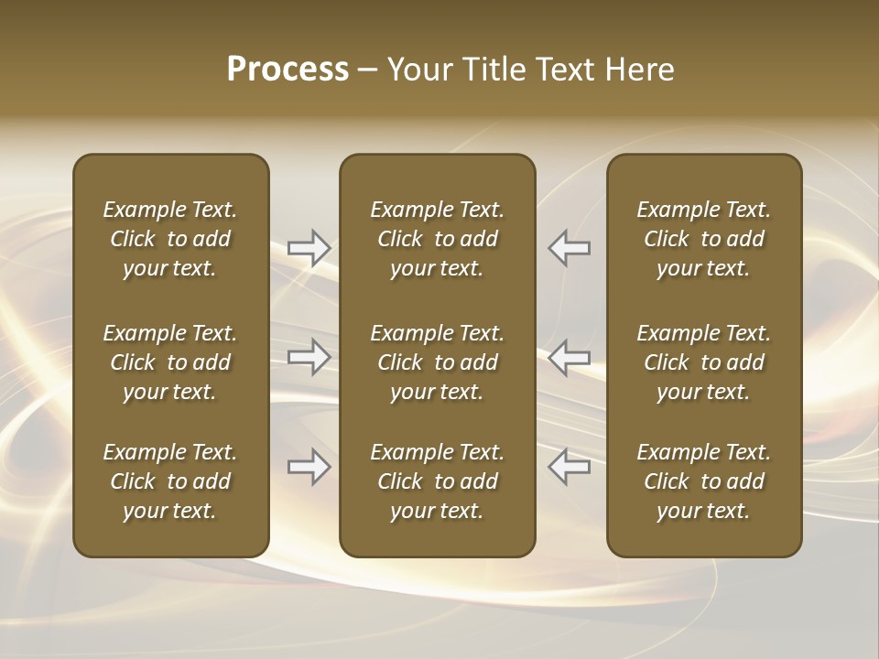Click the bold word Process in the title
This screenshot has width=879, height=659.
pos(288,70)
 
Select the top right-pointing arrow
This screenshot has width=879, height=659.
pos(309,248)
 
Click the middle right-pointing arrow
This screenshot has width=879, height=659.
pos(309,357)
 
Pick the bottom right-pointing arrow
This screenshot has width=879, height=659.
pos(309,467)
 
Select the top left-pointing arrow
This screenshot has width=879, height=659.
pos(569,248)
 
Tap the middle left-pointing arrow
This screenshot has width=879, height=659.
pos(569,357)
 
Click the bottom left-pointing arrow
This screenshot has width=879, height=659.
pos(569,467)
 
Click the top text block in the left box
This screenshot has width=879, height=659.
pos(170,239)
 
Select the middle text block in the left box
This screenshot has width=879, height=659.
pos(170,362)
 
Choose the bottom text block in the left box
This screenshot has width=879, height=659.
pos(170,481)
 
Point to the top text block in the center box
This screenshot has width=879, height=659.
pos(437,239)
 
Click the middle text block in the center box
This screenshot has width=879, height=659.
pos(437,362)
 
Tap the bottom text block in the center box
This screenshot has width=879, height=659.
pos(437,481)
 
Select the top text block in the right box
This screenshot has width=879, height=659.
pos(703,239)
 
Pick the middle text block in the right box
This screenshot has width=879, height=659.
pos(703,362)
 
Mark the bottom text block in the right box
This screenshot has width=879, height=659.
pos(703,481)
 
